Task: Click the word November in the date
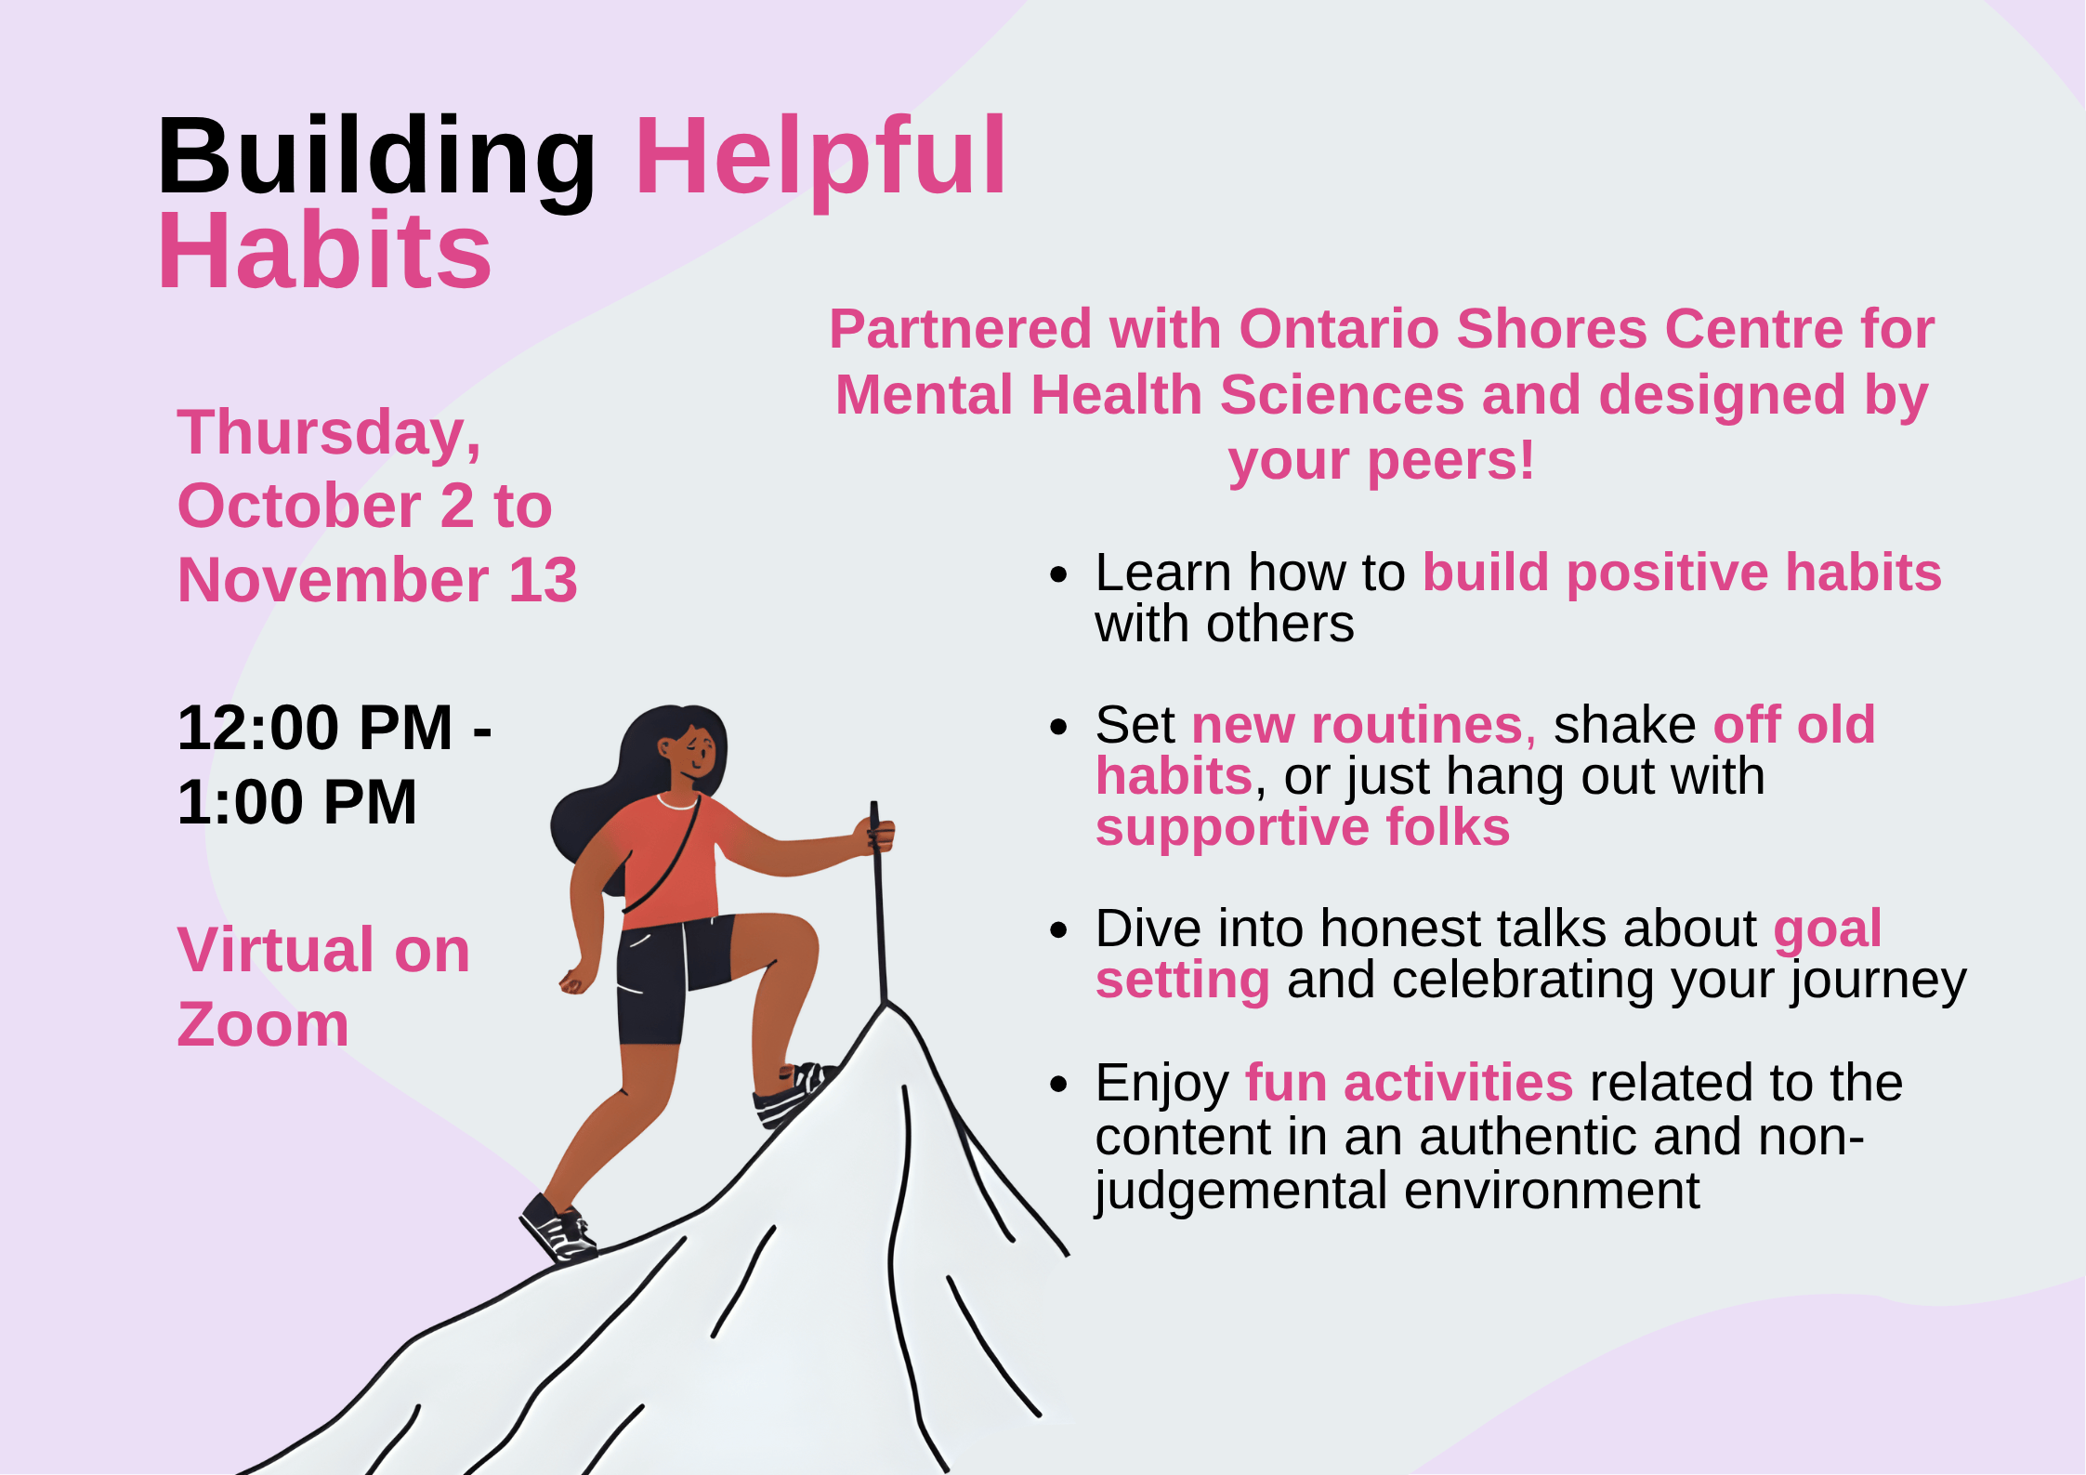click(333, 580)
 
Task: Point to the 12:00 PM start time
click(315, 728)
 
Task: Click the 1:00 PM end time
click(296, 802)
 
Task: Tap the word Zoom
click(263, 1025)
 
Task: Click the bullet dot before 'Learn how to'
click(1058, 574)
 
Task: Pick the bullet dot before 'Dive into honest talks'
click(1058, 930)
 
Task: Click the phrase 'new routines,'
click(1363, 725)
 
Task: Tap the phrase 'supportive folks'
click(1302, 827)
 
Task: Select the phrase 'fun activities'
click(1409, 1083)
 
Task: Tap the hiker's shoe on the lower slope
click(558, 1229)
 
